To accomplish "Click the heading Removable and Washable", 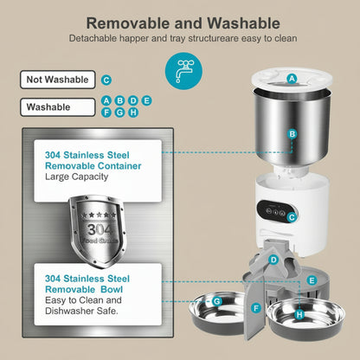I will [x=180, y=22].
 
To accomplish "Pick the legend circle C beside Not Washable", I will [x=106, y=80].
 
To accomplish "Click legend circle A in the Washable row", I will [x=106, y=101].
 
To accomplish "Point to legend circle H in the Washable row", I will [x=132, y=112].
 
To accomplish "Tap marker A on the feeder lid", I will [x=292, y=78].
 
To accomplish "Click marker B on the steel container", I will [x=292, y=134].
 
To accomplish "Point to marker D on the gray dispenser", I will [x=273, y=260].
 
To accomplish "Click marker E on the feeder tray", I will [x=311, y=280].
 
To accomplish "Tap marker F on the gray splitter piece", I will [x=256, y=307].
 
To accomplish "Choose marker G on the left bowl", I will [x=217, y=300].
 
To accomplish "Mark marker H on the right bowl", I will [x=299, y=315].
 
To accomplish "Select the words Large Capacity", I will [x=76, y=177].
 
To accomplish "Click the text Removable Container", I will [x=93, y=165].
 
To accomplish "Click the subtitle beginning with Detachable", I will [x=180, y=39].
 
